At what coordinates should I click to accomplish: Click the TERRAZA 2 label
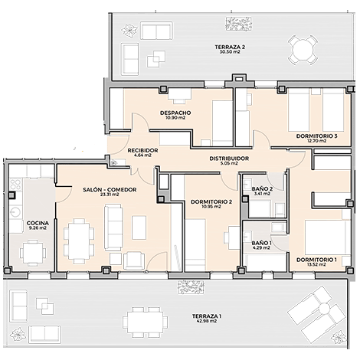click(230, 47)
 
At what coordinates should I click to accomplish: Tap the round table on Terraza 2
click(303, 50)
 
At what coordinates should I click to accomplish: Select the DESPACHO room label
click(175, 113)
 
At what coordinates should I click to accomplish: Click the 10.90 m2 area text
click(175, 118)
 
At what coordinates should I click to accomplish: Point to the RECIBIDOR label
click(142, 150)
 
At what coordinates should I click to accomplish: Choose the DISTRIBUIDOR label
click(229, 159)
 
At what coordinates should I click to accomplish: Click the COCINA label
click(38, 223)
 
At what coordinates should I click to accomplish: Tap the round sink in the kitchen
click(15, 212)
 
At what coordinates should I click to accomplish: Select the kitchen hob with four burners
click(15, 185)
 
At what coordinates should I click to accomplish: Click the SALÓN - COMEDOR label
click(110, 190)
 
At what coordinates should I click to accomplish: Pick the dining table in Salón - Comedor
click(79, 241)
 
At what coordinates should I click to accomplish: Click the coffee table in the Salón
click(139, 227)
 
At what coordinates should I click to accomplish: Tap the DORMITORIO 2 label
click(211, 202)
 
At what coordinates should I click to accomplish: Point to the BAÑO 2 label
click(262, 189)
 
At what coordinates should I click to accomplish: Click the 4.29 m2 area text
click(261, 247)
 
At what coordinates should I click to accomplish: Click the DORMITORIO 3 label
click(316, 136)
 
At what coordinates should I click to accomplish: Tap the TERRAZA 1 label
click(207, 316)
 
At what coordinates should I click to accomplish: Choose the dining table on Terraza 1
click(146, 322)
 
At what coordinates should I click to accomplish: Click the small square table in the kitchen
click(33, 253)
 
